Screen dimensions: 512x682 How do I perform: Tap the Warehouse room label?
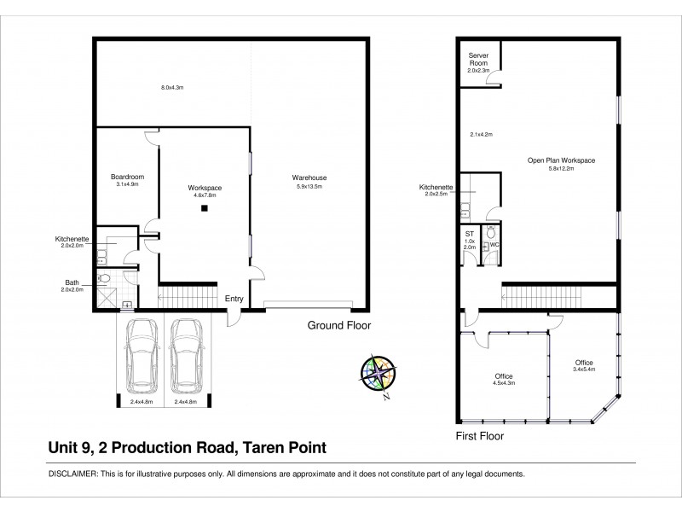coord(311,177)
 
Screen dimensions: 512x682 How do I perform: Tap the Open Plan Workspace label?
coord(561,160)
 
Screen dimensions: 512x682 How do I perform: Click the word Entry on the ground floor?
coord(234,299)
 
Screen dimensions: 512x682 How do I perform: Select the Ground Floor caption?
coord(339,326)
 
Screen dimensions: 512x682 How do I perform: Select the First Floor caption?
coord(480,435)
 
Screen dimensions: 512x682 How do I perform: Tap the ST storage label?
coord(469,233)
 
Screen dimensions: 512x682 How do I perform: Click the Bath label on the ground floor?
coord(72,282)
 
